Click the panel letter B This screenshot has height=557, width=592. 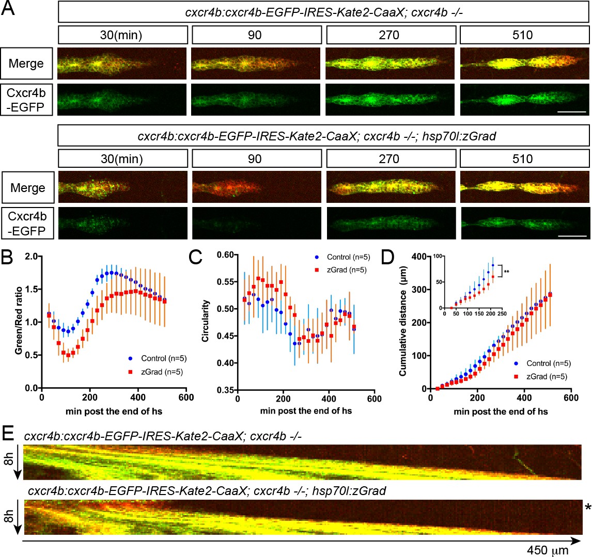[9, 256]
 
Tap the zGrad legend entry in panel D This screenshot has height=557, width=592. [542, 376]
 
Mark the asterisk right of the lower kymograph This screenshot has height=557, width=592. [587, 508]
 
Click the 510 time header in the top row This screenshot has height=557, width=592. [522, 35]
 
